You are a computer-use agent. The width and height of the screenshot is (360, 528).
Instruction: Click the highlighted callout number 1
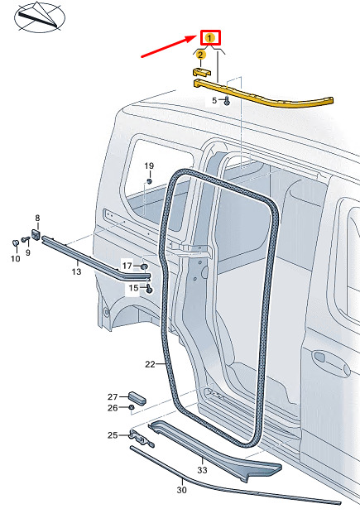click(210, 38)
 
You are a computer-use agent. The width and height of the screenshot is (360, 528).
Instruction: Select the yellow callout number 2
click(201, 55)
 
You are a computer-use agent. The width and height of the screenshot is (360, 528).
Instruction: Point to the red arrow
click(168, 46)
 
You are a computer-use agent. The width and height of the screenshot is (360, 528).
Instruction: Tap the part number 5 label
click(214, 100)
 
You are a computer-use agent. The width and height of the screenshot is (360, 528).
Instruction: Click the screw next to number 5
click(227, 101)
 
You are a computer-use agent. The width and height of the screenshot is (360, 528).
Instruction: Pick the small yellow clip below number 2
click(201, 72)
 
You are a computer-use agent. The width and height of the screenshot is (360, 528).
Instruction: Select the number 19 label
click(149, 166)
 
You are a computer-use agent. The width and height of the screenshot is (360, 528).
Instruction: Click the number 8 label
click(37, 218)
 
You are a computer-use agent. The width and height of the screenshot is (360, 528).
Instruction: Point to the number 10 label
click(16, 258)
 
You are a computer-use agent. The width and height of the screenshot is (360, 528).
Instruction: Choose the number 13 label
click(76, 271)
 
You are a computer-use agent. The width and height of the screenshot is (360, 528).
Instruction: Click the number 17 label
click(127, 266)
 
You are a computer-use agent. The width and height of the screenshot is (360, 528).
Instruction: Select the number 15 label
click(133, 288)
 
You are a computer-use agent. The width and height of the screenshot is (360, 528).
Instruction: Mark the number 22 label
click(150, 364)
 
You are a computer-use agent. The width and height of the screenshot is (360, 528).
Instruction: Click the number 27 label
click(113, 396)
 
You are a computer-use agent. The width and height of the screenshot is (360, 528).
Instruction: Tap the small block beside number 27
click(137, 398)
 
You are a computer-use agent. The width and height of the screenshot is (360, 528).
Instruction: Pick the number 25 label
click(113, 435)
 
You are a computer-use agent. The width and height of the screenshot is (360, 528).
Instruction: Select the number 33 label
click(202, 470)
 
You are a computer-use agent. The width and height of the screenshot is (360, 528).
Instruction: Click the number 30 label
click(181, 490)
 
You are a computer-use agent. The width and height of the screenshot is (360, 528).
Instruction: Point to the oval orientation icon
click(40, 17)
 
